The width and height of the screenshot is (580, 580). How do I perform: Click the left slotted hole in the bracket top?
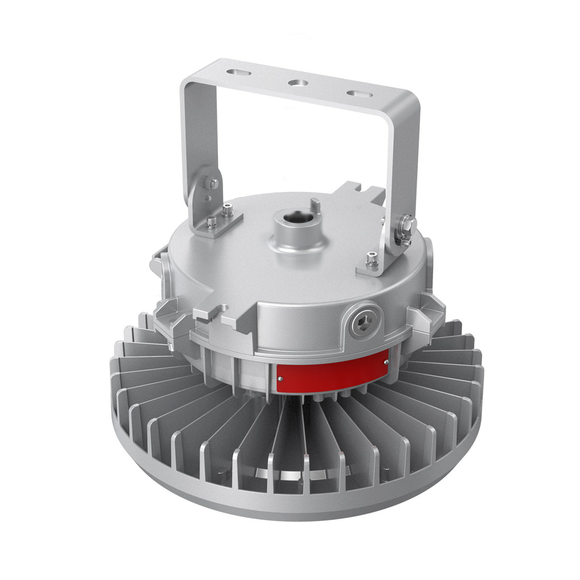(239, 72)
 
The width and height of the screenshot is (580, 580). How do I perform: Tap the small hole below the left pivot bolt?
(207, 198)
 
